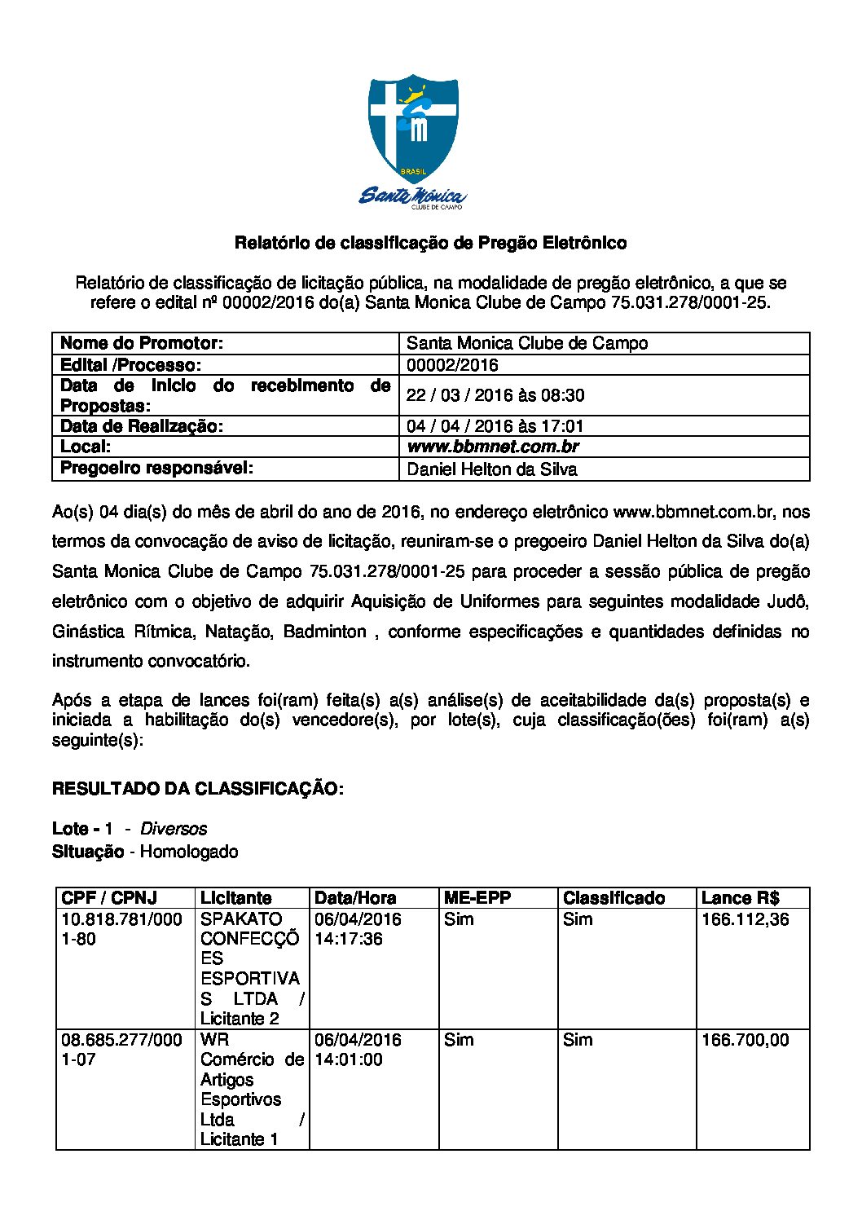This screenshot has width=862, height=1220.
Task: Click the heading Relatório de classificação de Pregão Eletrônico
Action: click(x=430, y=243)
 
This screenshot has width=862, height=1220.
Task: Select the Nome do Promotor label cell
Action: click(x=142, y=343)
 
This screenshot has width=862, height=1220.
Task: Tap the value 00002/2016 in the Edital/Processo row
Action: click(x=452, y=365)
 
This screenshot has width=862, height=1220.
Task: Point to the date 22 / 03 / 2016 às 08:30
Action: click(x=495, y=395)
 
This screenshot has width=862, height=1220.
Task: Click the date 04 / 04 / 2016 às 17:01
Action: click(x=495, y=426)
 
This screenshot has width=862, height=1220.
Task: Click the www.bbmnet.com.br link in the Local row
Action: click(x=492, y=447)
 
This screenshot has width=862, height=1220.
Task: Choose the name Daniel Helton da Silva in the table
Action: click(x=491, y=469)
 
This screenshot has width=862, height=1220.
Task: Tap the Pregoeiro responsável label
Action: click(x=156, y=468)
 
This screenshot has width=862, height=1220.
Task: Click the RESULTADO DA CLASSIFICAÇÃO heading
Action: click(x=198, y=789)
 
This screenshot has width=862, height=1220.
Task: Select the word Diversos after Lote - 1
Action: click(x=174, y=829)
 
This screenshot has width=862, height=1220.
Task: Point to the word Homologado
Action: click(x=189, y=852)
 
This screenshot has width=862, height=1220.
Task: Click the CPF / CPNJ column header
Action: click(x=109, y=898)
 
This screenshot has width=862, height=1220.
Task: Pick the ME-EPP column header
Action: click(x=477, y=898)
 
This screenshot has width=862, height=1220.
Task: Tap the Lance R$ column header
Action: click(x=740, y=898)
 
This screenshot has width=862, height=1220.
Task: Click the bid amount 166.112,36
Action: click(x=745, y=919)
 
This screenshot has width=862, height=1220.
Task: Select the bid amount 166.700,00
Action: click(x=745, y=1040)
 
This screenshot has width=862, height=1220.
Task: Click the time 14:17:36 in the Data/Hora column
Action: click(x=349, y=939)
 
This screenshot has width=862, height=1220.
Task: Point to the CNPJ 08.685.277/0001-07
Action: click(x=121, y=1050)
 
